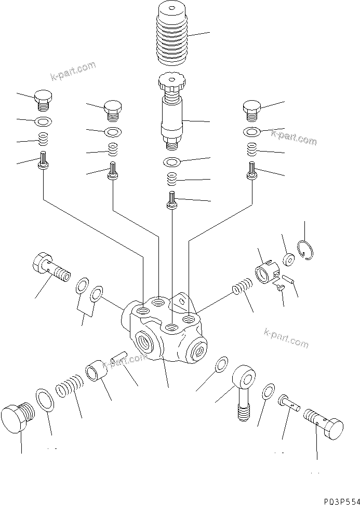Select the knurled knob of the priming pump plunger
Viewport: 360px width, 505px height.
(172, 82)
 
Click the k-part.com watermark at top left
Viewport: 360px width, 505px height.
(73, 72)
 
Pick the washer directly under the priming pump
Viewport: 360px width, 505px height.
(172, 162)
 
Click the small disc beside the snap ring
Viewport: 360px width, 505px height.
(288, 258)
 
